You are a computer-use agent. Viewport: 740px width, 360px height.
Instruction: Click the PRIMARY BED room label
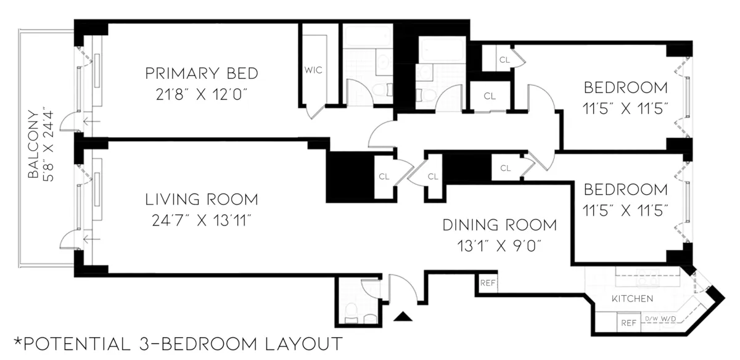tap(201, 74)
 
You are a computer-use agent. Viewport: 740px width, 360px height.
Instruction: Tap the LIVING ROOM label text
tap(201, 200)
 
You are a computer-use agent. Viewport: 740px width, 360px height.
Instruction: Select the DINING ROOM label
tap(499, 225)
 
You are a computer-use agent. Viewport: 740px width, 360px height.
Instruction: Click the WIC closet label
tap(313, 70)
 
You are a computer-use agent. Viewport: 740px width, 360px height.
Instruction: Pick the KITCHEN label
tap(632, 299)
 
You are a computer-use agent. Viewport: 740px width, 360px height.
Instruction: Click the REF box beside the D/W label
tap(628, 322)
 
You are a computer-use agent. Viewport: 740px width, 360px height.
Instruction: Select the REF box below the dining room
tap(488, 284)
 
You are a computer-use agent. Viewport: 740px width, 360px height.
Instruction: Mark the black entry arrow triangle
tap(403, 317)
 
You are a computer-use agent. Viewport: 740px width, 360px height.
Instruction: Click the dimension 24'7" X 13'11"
tap(201, 221)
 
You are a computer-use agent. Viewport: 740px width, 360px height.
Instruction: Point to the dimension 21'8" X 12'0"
tap(201, 95)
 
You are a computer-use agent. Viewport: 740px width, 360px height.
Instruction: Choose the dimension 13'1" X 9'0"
tap(499, 245)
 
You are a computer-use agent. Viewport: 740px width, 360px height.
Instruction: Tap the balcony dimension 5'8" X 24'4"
tap(50, 145)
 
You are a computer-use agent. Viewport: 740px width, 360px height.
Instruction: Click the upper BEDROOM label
tap(626, 87)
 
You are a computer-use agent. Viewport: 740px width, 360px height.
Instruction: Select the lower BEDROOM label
tap(626, 189)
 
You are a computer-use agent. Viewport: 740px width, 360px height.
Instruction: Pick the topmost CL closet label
tap(504, 60)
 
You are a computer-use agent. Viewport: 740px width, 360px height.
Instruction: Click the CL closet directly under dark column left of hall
tap(384, 176)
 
